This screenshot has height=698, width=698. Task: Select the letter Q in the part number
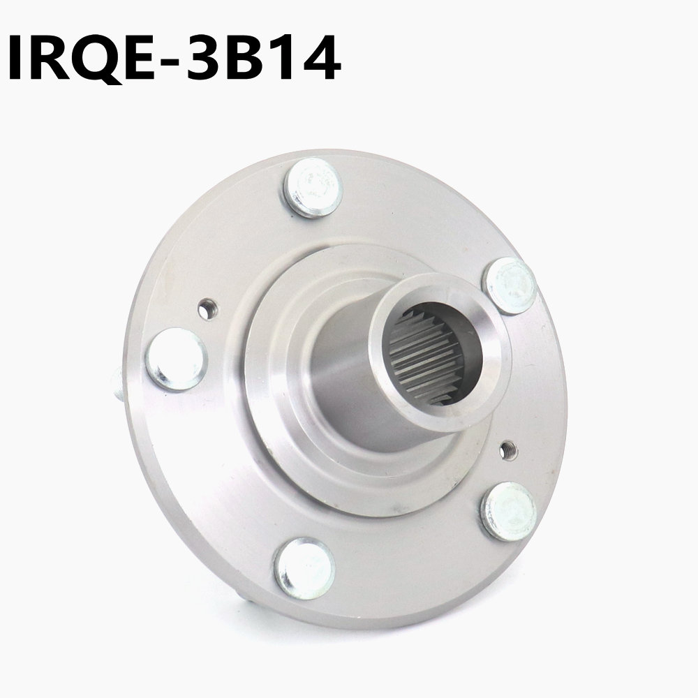click(96, 59)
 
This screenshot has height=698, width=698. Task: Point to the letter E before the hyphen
click(142, 57)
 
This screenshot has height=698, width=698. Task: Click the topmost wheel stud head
click(313, 187)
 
